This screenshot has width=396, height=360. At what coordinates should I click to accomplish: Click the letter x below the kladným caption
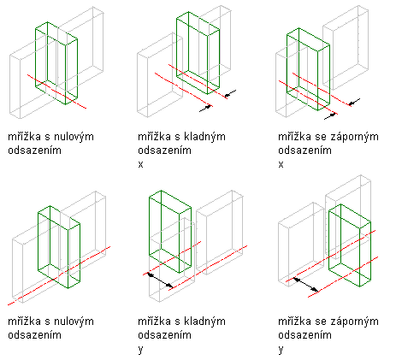[140, 164]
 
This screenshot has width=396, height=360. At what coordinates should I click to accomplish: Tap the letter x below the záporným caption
[281, 164]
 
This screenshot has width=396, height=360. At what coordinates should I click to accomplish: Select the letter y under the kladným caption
[140, 350]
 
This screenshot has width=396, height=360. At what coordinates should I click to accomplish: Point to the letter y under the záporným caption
[281, 350]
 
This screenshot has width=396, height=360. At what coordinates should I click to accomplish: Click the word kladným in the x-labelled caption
[204, 137]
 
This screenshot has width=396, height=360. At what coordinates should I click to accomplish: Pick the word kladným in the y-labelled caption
[204, 322]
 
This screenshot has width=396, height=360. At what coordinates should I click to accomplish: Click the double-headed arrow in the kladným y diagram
[160, 280]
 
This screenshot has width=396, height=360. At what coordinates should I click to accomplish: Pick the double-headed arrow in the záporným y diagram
[306, 285]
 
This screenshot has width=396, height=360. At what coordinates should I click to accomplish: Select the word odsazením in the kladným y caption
[164, 335]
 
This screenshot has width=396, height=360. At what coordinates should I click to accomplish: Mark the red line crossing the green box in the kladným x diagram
[198, 81]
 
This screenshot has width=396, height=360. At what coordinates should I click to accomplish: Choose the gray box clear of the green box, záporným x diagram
[346, 47]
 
